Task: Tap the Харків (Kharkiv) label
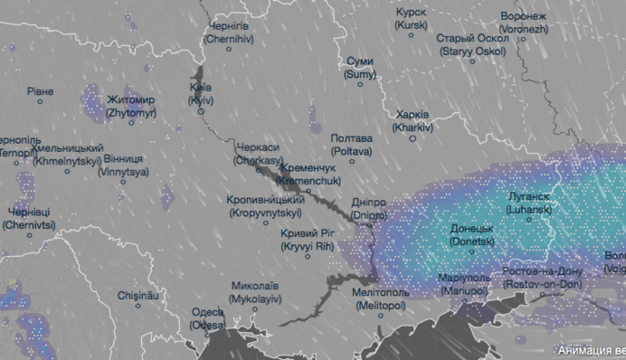[x=413, y=121]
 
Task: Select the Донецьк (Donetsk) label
[x=472, y=235]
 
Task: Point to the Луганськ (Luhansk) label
[x=529, y=203]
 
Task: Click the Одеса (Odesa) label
[x=207, y=317]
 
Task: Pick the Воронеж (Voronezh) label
[x=524, y=23]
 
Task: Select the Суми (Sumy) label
[x=361, y=67]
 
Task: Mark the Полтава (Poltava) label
[x=352, y=144]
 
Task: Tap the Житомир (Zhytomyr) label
[x=131, y=106]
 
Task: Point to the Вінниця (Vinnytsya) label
[x=123, y=163]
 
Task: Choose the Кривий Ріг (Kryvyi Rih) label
[x=308, y=239]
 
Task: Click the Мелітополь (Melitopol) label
[x=381, y=299]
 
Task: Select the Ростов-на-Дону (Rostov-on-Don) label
[x=544, y=278]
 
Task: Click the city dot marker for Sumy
[x=359, y=84]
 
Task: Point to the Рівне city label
[x=40, y=91]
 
